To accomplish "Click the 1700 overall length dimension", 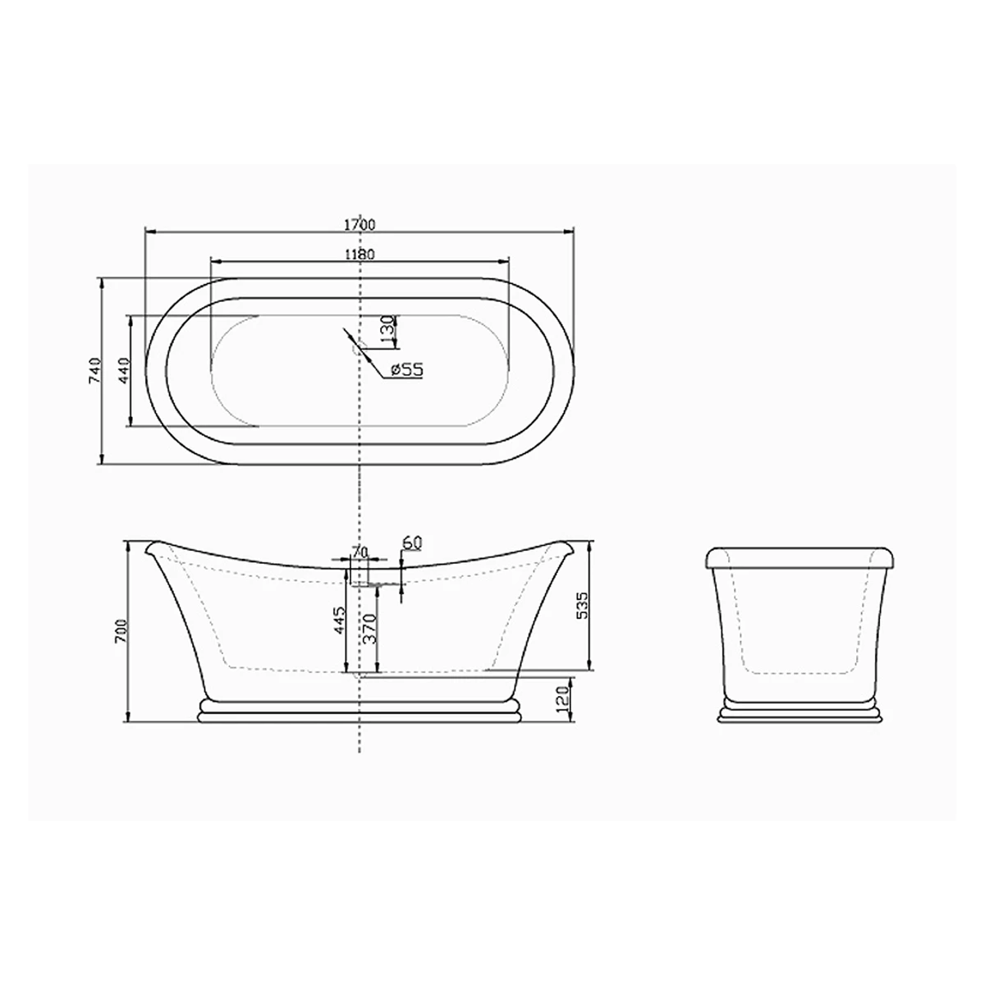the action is pos(360,224).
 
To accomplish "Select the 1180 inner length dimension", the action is pos(360,254).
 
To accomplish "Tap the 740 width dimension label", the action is pos(95,370).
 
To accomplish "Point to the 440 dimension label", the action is pos(124,370).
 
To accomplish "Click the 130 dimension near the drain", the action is pos(388,331).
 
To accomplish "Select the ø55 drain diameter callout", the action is pos(407,369).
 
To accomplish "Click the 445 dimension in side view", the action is pos(338,621).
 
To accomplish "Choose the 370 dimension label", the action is pos(370,629).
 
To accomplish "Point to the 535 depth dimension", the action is pos(582,606).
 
